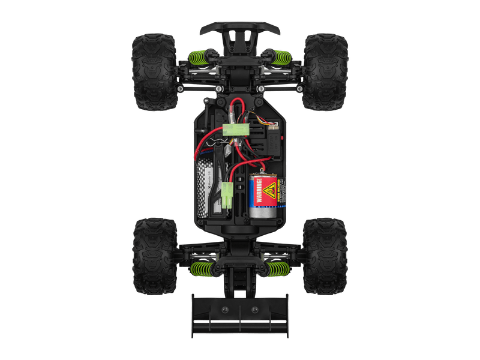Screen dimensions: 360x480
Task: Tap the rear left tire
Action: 154,256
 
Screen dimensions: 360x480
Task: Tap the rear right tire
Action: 325,256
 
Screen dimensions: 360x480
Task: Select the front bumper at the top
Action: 240,28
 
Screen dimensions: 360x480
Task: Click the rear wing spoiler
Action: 240,315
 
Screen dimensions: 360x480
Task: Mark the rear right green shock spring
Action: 277,269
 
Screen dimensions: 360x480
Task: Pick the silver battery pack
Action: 205,189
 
